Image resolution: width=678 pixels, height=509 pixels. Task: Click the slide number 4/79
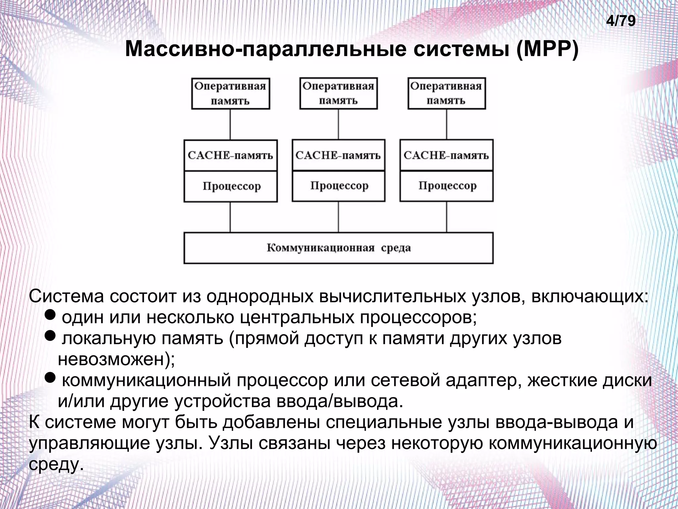(621, 21)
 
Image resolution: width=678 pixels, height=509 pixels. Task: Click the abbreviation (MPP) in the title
(547, 49)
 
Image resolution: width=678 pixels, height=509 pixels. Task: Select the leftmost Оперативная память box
(230, 94)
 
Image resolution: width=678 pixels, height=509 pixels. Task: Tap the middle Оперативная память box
(338, 93)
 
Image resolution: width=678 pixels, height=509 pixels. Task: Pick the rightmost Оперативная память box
(446, 93)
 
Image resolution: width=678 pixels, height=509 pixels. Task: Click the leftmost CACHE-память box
(230, 155)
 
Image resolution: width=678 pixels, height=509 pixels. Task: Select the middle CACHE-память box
(338, 155)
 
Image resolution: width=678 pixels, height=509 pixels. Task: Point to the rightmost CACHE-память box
(446, 155)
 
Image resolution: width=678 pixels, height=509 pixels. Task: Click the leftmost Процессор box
(230, 186)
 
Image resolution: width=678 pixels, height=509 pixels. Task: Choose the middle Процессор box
(338, 186)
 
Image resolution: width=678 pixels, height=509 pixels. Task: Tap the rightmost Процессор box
(446, 186)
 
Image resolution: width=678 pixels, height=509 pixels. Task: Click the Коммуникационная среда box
(338, 248)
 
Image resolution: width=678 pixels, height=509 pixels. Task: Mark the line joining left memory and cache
(230, 124)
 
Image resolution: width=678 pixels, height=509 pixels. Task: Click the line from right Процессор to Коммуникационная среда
(447, 217)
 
